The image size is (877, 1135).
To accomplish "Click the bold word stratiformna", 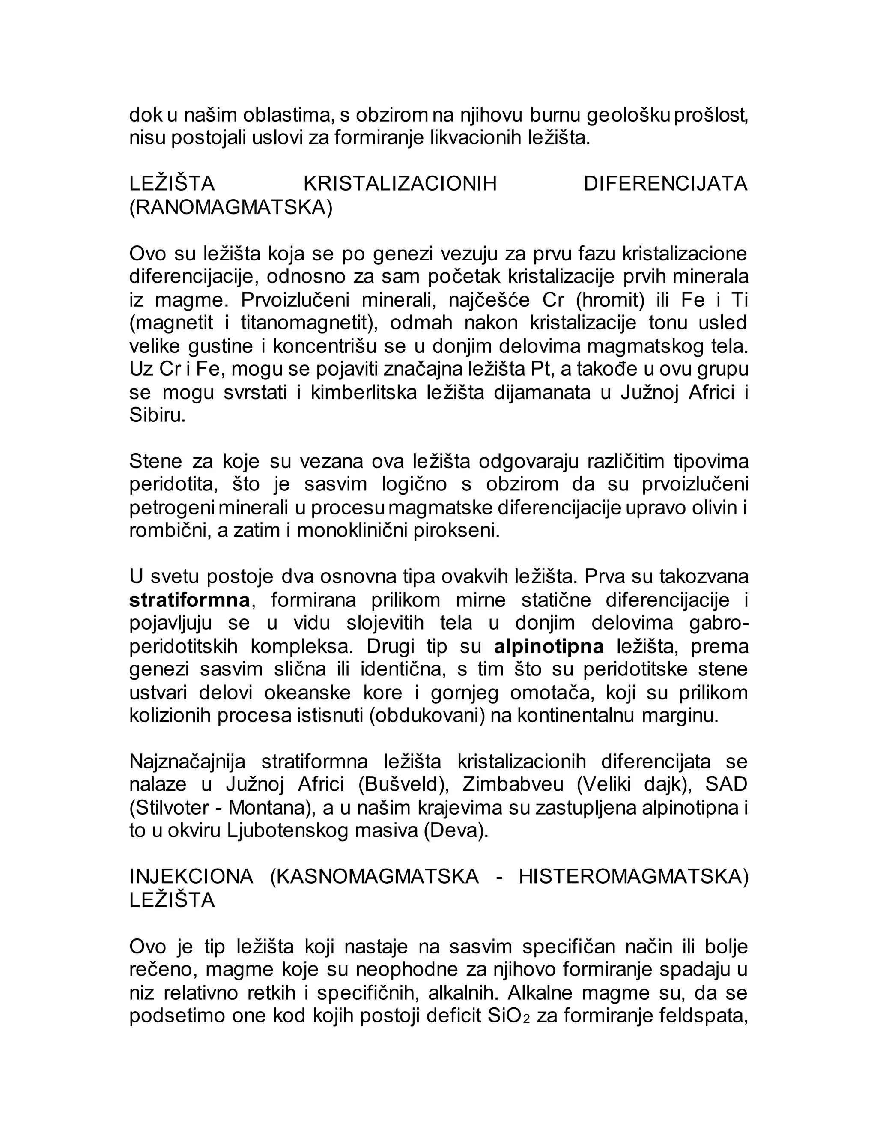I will tap(189, 600).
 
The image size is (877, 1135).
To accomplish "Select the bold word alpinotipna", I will tap(549, 646).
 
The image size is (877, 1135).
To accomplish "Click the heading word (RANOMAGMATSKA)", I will tap(231, 207).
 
